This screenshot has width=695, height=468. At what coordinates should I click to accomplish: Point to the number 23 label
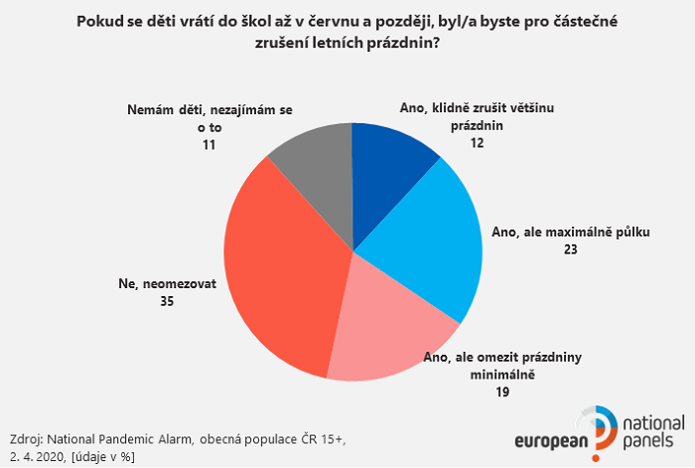pos(570,251)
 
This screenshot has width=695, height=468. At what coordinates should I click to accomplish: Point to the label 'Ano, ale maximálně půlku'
pos(570,234)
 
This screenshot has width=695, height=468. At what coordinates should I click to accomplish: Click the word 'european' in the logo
pos(551,442)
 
